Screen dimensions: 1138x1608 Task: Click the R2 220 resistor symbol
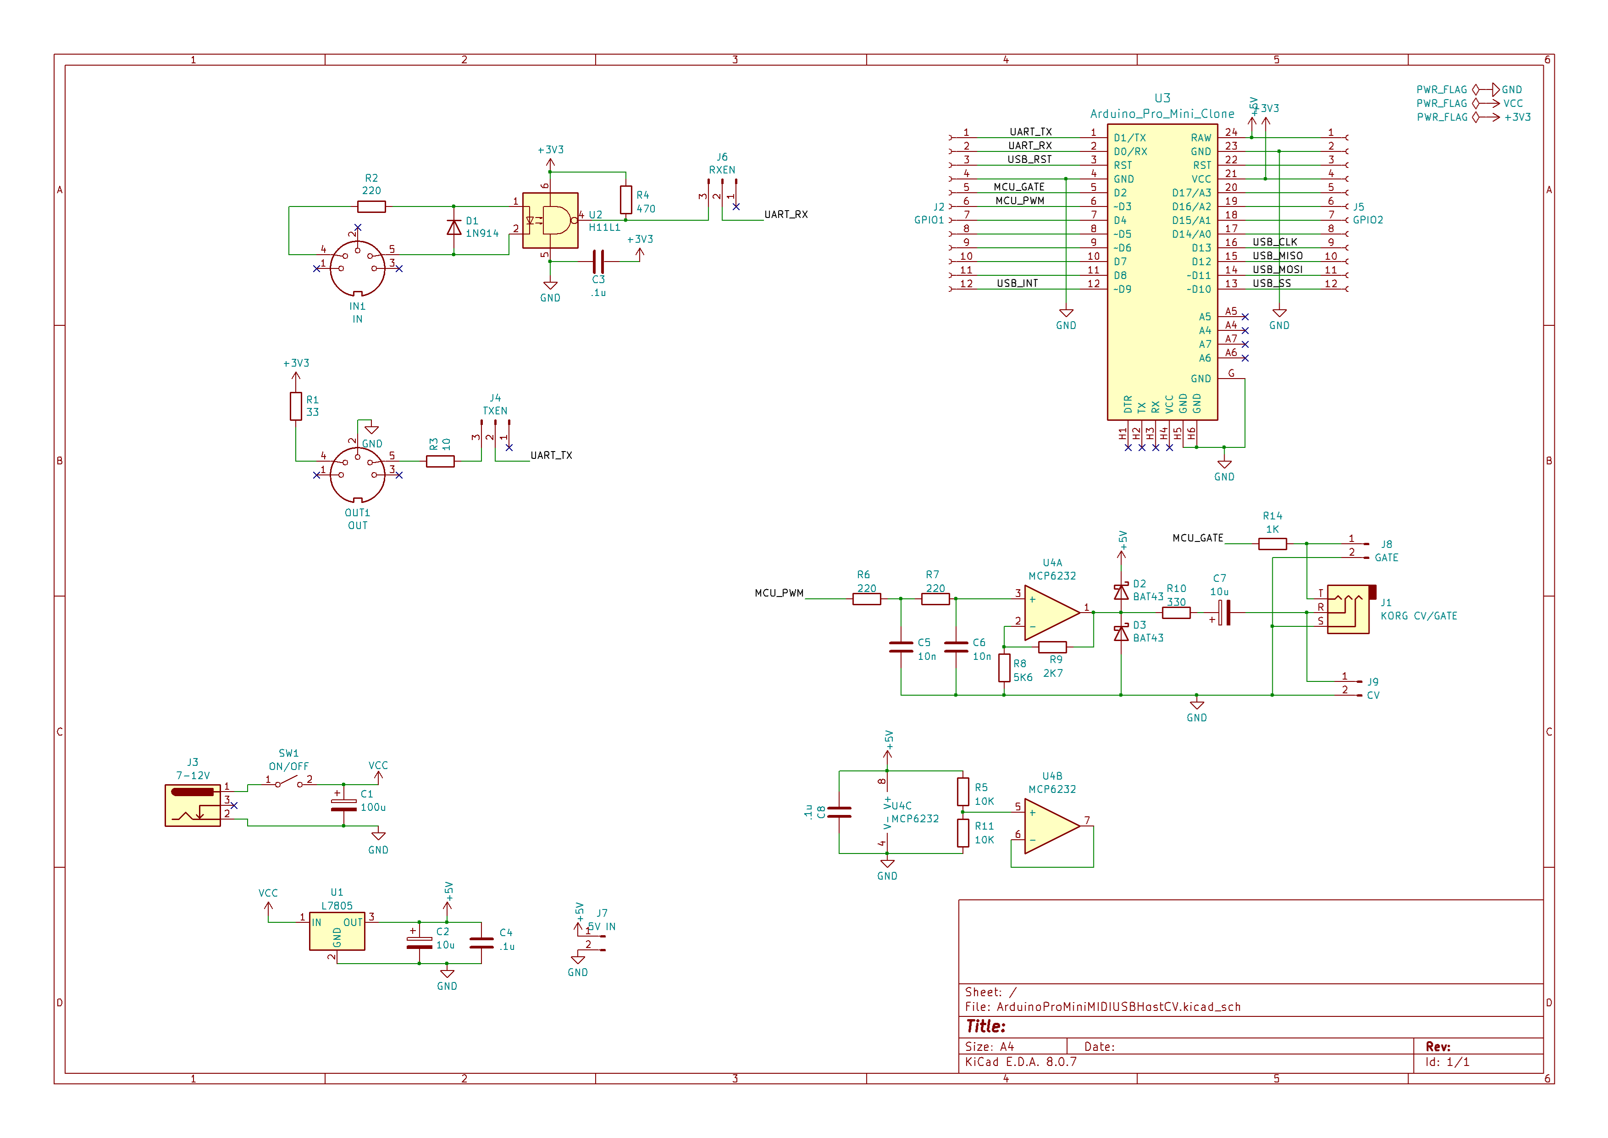(x=371, y=206)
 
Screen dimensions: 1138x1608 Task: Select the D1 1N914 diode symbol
(x=454, y=228)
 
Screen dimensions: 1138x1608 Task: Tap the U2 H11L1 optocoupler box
(x=551, y=221)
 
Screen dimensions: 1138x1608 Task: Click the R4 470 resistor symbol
(x=626, y=201)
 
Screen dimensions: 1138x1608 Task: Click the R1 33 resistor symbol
(x=296, y=407)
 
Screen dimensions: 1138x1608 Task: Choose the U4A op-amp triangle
(x=1050, y=613)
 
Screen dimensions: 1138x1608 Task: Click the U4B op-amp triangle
(x=1050, y=827)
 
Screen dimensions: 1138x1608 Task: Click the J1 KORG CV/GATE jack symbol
(x=1348, y=610)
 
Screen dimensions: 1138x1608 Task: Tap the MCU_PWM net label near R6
(x=779, y=593)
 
